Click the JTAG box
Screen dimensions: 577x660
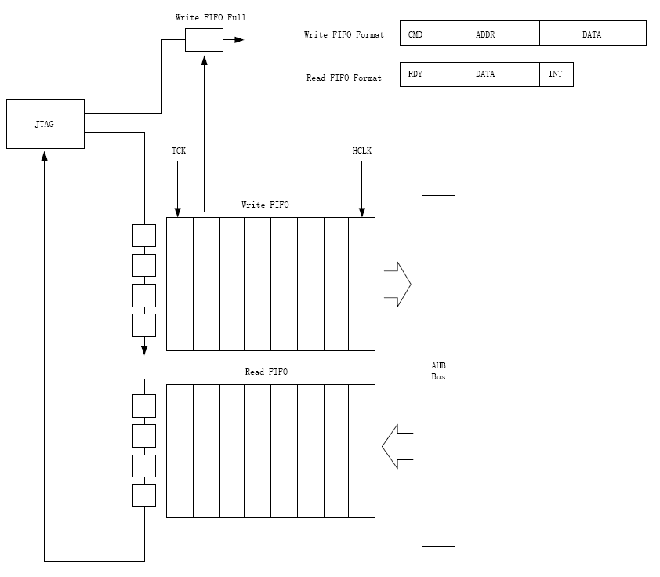click(45, 124)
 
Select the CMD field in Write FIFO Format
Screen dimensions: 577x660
click(415, 34)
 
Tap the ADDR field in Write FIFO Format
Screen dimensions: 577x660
click(485, 34)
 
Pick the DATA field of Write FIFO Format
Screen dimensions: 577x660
click(592, 34)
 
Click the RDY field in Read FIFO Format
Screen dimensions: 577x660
click(415, 74)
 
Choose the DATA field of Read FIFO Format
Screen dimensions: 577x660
click(485, 74)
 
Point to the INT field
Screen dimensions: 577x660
click(556, 74)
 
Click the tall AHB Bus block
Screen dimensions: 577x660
click(438, 371)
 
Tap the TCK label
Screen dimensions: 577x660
click(179, 151)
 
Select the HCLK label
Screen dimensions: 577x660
click(361, 151)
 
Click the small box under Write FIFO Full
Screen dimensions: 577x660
click(204, 40)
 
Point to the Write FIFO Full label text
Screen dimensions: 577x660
click(205, 16)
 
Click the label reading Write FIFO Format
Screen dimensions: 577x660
click(343, 35)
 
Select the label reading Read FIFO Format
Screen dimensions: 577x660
click(343, 78)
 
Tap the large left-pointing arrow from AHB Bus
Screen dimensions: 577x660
click(397, 447)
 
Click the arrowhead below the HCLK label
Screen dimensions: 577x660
click(361, 212)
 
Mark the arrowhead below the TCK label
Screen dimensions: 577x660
click(178, 212)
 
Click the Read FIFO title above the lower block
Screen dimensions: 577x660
click(266, 372)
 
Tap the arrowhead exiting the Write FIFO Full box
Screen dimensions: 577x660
click(238, 39)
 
